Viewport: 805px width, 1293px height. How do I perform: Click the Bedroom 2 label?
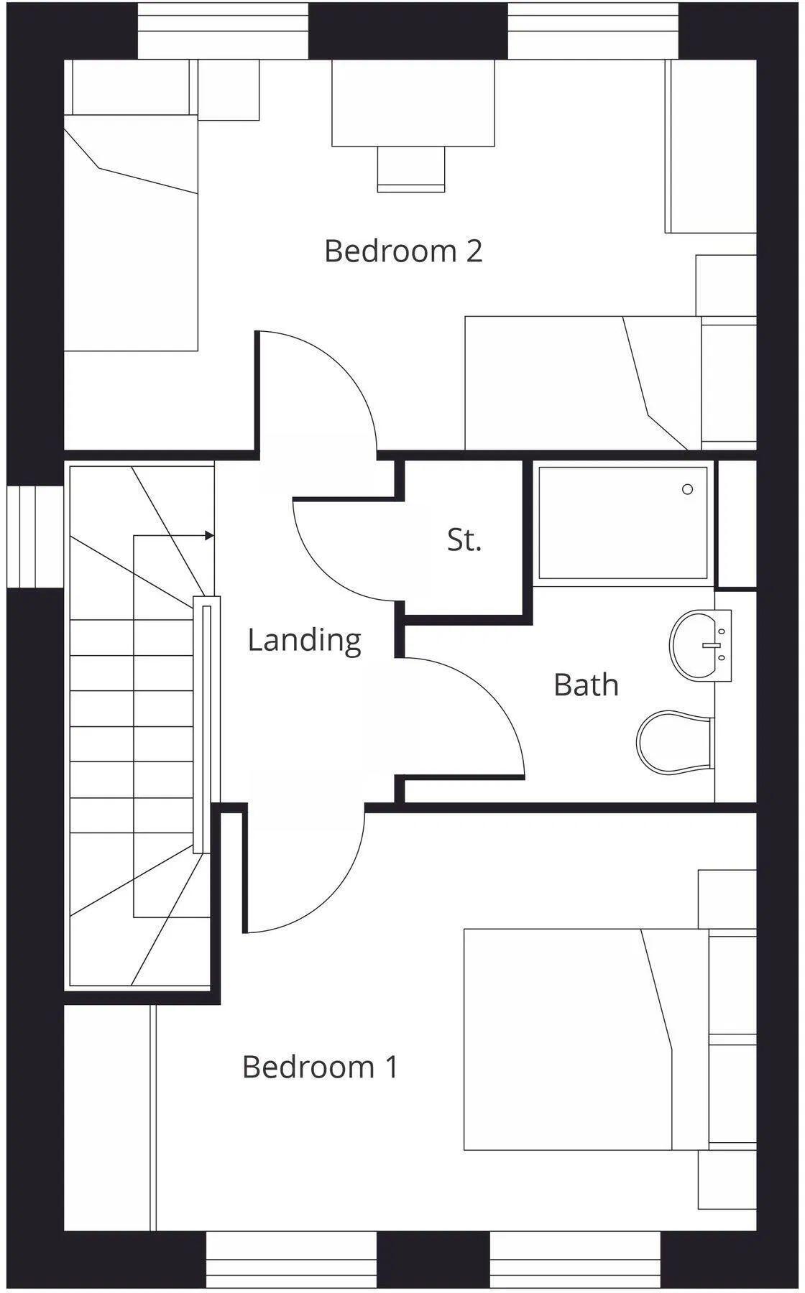[403, 251]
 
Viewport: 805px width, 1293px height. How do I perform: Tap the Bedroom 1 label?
[320, 1067]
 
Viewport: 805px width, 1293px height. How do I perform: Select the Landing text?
[304, 639]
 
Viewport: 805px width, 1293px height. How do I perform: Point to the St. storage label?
[464, 539]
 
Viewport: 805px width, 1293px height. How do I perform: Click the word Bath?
[586, 685]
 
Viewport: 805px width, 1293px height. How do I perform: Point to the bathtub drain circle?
[687, 489]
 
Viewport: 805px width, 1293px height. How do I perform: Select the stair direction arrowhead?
[209, 535]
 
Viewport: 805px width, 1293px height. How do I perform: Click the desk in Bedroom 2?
[413, 103]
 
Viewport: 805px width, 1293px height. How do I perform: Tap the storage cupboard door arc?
[323, 567]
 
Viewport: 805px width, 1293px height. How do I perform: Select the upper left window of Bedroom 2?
[223, 31]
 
